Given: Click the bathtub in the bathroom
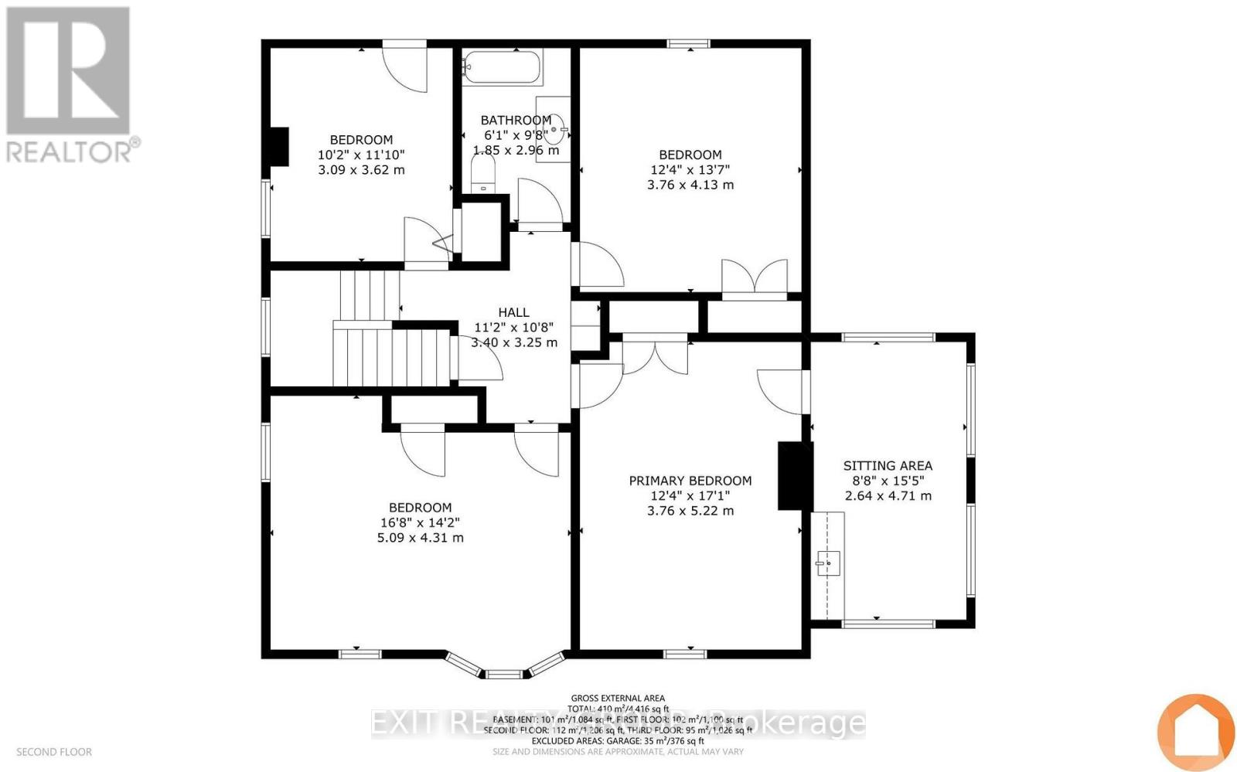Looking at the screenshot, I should click(x=503, y=67).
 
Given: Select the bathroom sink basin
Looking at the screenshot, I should click(x=558, y=129).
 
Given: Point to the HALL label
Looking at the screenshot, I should click(x=513, y=312).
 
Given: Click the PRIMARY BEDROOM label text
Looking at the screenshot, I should click(x=690, y=481).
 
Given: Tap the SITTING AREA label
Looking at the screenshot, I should click(x=888, y=465).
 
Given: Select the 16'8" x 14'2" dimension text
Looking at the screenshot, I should click(x=420, y=522).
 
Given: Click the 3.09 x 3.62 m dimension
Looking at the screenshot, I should click(x=361, y=169).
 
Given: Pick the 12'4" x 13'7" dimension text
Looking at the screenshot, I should click(x=690, y=169).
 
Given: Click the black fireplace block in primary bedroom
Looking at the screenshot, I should click(x=794, y=475).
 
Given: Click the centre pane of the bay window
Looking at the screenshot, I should click(x=503, y=674).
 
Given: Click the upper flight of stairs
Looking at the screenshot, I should click(x=369, y=294).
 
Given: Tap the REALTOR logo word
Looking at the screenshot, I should click(x=70, y=151).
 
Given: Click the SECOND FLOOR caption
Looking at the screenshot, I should click(x=54, y=752).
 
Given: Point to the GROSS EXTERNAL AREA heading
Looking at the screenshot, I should click(x=618, y=698).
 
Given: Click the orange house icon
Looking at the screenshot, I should click(x=1195, y=731).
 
